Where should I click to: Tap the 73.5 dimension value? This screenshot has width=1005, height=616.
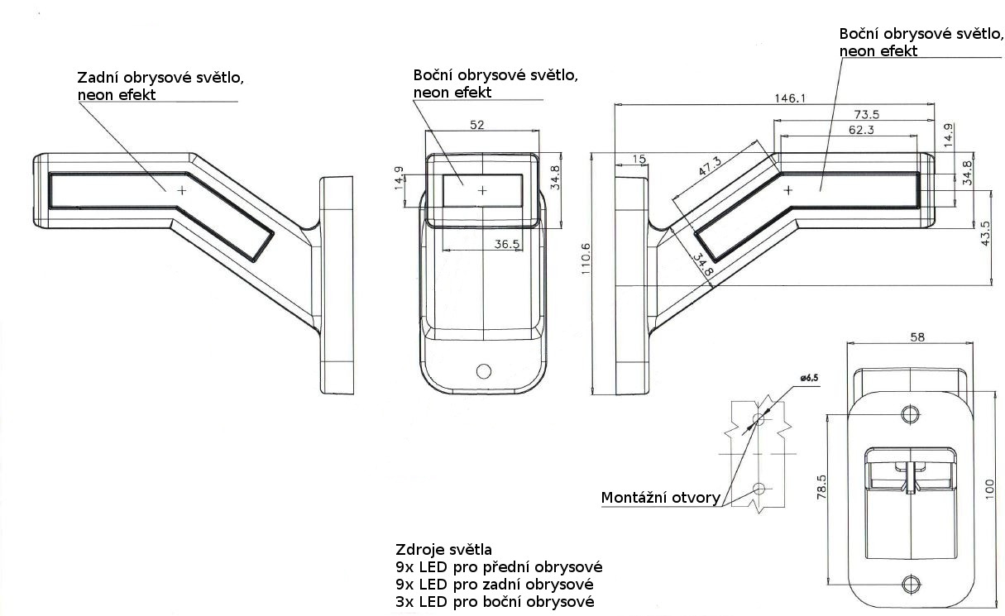pos(866,114)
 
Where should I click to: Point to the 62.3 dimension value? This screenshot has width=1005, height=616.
pos(860,129)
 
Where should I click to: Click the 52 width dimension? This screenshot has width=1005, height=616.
pos(477,125)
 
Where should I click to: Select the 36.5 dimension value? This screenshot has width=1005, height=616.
pos(506,244)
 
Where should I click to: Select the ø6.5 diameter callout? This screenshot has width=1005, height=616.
pos(809,378)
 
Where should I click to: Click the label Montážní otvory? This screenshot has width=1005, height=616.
pos(660,498)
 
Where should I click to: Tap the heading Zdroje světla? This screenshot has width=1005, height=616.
pos(444,550)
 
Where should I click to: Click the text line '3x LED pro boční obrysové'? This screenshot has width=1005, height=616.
pos(495,601)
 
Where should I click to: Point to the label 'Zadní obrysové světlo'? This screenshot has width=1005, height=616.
pos(160,78)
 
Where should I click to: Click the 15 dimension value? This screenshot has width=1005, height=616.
pos(639,158)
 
